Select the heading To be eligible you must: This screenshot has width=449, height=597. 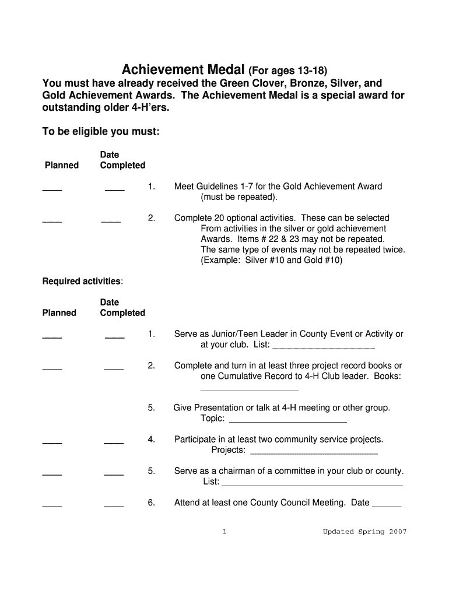(x=101, y=132)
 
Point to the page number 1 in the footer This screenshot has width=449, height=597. (x=224, y=532)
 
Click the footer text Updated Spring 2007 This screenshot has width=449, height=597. (x=364, y=532)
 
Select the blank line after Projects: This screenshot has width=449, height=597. (x=314, y=451)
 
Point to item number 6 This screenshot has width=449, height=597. (x=151, y=503)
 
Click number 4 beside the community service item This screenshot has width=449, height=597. (x=151, y=439)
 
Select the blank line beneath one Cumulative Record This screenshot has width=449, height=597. (x=249, y=389)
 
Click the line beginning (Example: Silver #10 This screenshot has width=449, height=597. (x=271, y=260)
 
